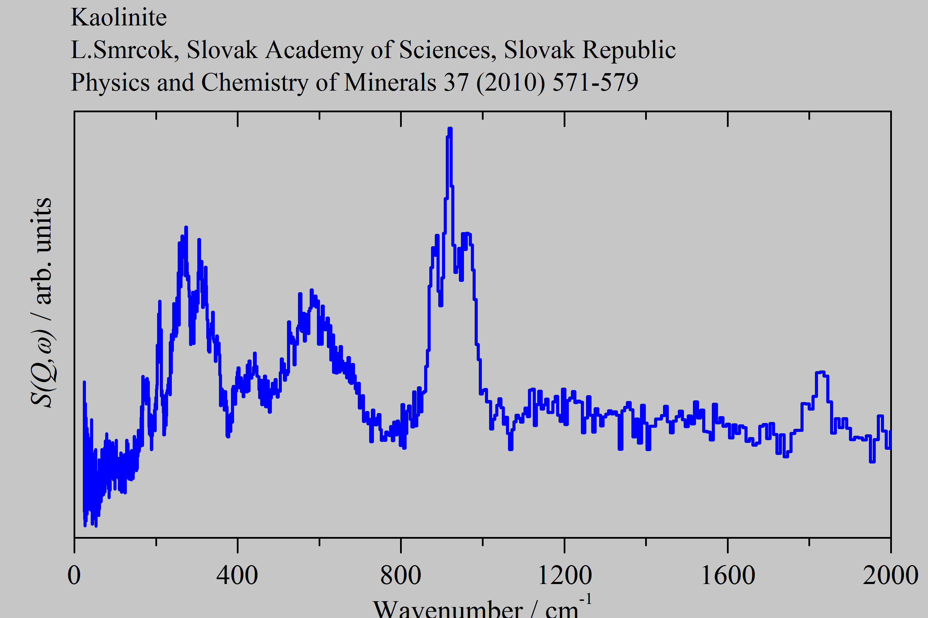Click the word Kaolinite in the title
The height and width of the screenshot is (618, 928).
(x=118, y=18)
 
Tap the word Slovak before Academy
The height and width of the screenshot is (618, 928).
(x=222, y=50)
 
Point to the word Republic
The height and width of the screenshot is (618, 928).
(x=629, y=50)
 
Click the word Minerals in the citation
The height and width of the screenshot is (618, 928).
(x=390, y=82)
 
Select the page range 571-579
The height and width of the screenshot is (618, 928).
(x=595, y=82)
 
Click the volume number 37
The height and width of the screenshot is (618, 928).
(x=456, y=82)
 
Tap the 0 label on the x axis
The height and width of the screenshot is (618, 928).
(x=74, y=575)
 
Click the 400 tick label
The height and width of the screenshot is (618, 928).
(x=237, y=575)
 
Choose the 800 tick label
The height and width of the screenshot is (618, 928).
(x=400, y=575)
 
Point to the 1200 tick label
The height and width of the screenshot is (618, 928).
(x=565, y=575)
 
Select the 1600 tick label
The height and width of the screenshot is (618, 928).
(x=728, y=575)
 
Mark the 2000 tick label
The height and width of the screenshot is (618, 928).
(x=890, y=575)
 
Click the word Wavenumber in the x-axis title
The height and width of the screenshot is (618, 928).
(x=448, y=609)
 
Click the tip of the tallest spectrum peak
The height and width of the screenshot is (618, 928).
(x=450, y=129)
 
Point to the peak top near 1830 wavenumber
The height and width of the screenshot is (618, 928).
(x=821, y=372)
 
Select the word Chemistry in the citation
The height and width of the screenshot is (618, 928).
(x=255, y=82)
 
